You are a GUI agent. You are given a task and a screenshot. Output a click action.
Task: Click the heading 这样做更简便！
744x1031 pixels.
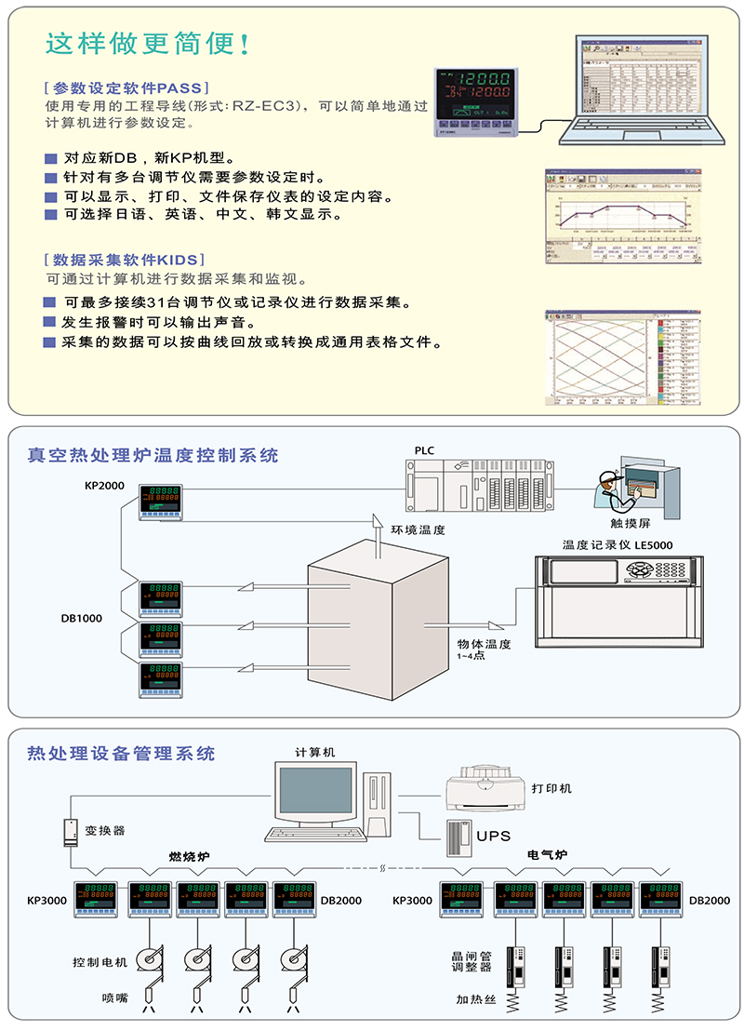tap(147, 44)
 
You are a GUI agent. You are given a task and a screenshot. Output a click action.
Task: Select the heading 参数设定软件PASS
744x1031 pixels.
tap(124, 88)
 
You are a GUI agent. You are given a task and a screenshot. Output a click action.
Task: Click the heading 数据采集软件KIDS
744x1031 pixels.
tap(125, 260)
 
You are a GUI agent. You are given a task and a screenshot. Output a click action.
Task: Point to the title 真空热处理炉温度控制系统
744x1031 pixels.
tap(153, 455)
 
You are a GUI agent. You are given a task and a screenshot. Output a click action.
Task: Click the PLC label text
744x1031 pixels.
tap(425, 451)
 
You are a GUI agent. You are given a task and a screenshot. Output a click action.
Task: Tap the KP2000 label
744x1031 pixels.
tap(104, 486)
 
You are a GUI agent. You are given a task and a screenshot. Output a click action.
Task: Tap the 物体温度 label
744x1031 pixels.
tap(484, 644)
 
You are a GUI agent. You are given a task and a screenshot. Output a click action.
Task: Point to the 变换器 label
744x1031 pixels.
tap(105, 830)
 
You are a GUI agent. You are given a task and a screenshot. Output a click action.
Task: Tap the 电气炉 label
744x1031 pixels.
tap(547, 855)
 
